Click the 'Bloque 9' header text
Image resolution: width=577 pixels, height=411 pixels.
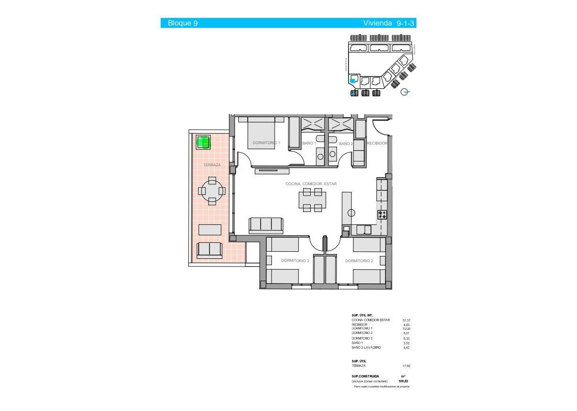tap(183, 23)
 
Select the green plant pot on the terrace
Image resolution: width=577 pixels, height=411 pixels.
tap(203, 142)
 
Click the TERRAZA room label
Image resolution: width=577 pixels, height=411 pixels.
tap(212, 165)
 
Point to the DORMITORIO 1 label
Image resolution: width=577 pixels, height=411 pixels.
tap(266, 143)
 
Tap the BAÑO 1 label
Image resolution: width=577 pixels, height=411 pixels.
tap(309, 143)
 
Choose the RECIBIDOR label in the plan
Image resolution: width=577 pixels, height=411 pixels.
tap(377, 143)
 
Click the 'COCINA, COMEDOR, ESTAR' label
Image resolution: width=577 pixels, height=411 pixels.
tap(311, 184)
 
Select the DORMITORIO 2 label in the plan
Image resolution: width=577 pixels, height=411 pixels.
tap(359, 261)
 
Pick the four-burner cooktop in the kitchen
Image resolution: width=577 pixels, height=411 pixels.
tap(382, 215)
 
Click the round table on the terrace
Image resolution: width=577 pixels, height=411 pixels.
tap(212, 191)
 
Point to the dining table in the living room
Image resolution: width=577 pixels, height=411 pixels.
tap(312, 200)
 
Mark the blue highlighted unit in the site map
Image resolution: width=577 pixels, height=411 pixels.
tap(352, 81)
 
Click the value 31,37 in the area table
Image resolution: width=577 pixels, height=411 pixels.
tap(406, 320)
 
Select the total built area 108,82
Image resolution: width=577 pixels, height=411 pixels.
tap(403, 381)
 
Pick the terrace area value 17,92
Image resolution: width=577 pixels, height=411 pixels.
tap(406, 366)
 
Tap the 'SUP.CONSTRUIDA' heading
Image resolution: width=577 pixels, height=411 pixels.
tap(365, 377)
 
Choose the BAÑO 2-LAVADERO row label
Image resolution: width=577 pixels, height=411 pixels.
tap(366, 348)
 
